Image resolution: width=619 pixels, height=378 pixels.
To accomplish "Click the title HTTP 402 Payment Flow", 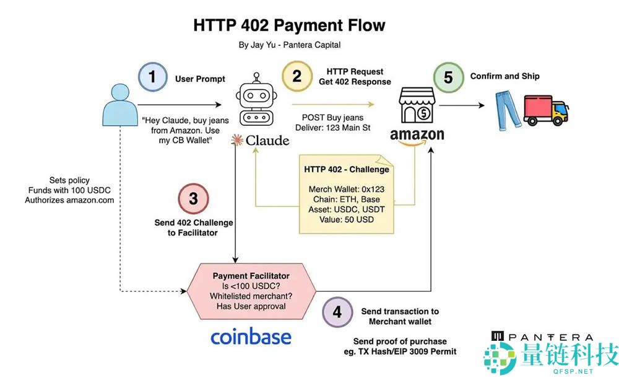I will click(x=289, y=25).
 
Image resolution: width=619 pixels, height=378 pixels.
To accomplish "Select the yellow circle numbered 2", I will click(x=297, y=76).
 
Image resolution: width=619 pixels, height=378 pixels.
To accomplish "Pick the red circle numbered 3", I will click(x=193, y=198).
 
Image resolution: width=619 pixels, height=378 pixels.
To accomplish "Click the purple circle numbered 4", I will click(x=337, y=312).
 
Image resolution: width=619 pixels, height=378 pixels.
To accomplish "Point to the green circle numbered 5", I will click(x=447, y=77).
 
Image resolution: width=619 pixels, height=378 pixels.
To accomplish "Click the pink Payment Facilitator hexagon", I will click(x=252, y=289).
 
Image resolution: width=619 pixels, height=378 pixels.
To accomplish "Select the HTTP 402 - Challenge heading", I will click(x=347, y=169).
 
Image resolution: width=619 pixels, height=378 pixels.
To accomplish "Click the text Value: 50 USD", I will click(x=347, y=219).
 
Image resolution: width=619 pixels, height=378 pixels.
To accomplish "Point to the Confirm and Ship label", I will click(x=505, y=76).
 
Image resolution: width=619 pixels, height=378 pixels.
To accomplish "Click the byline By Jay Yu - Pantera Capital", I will click(x=289, y=45).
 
